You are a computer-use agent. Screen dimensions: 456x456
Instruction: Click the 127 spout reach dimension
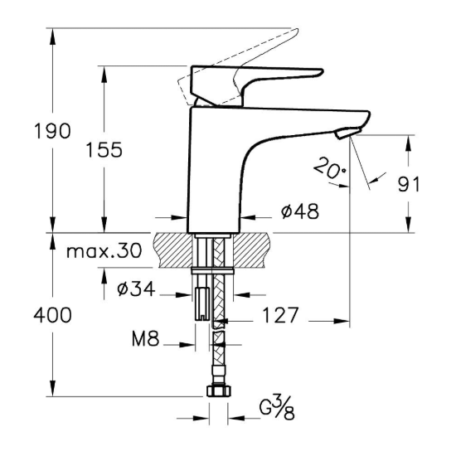point(281,317)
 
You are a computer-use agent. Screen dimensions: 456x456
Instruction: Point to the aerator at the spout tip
point(347,133)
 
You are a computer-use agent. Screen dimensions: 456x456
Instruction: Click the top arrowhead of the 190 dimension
point(54,33)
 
